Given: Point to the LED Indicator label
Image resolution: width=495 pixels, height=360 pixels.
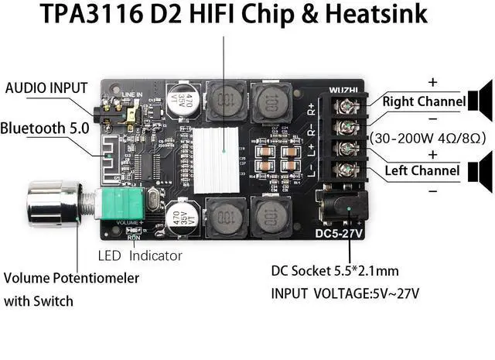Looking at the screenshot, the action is coord(140,255).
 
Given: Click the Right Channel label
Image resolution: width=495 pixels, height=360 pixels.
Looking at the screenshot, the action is coord(423,101).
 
